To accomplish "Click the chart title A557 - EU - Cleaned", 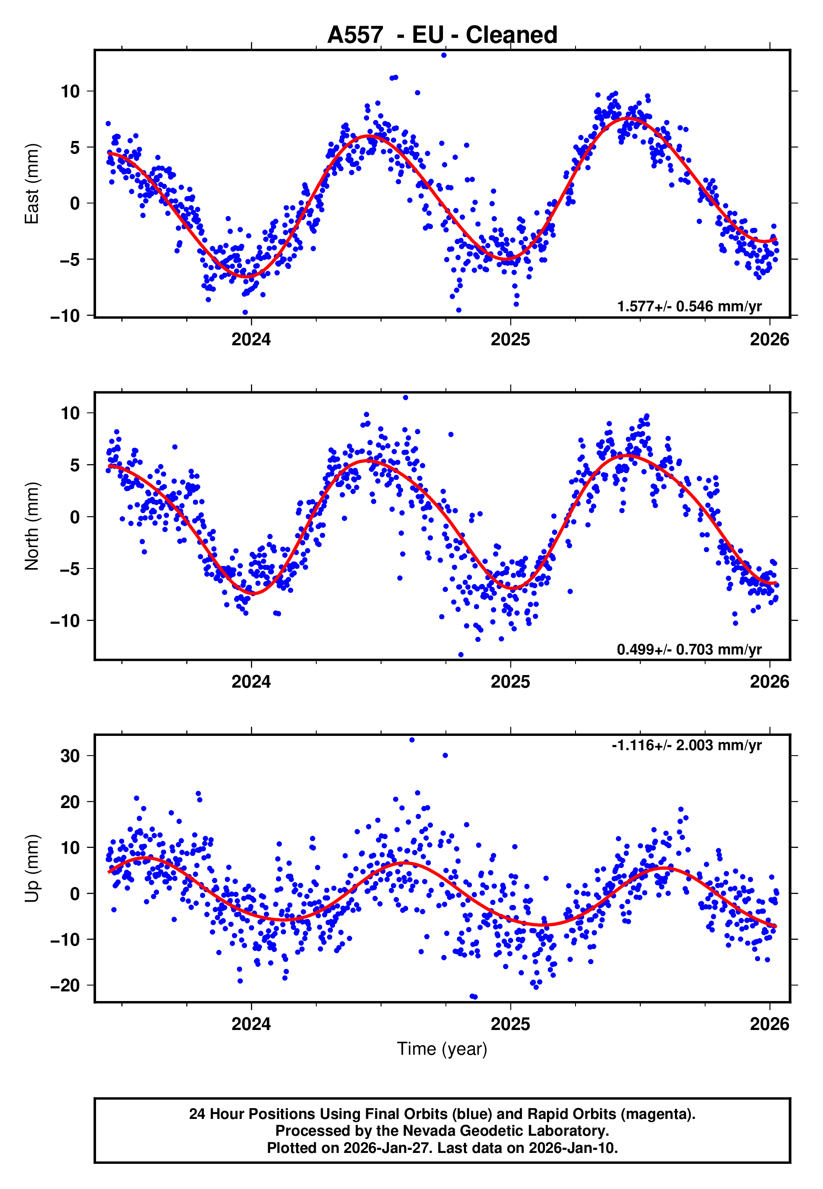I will [x=442, y=35].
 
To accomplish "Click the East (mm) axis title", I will [x=32, y=184].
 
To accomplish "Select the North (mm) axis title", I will [x=32, y=526].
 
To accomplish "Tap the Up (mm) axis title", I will [x=32, y=868].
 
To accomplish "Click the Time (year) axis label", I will [x=442, y=1049].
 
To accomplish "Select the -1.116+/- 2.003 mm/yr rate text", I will [x=686, y=745].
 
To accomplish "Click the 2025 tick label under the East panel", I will [x=510, y=339].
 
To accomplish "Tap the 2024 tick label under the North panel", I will [x=251, y=682].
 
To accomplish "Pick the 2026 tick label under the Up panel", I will [x=769, y=1024].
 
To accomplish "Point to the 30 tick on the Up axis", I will [x=70, y=756].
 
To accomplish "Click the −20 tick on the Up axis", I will [x=65, y=986].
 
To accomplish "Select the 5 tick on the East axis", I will [x=75, y=147].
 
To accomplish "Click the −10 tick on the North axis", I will [x=65, y=621].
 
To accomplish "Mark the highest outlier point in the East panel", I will [x=443, y=55].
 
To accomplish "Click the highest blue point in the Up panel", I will [x=411, y=740].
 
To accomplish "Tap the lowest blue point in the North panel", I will [x=461, y=655].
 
